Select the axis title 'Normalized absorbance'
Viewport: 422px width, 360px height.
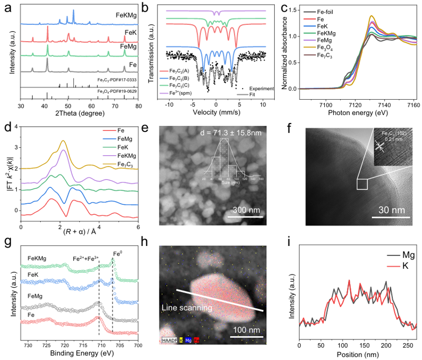click(x=286, y=53)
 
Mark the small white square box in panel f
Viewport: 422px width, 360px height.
click(x=362, y=184)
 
